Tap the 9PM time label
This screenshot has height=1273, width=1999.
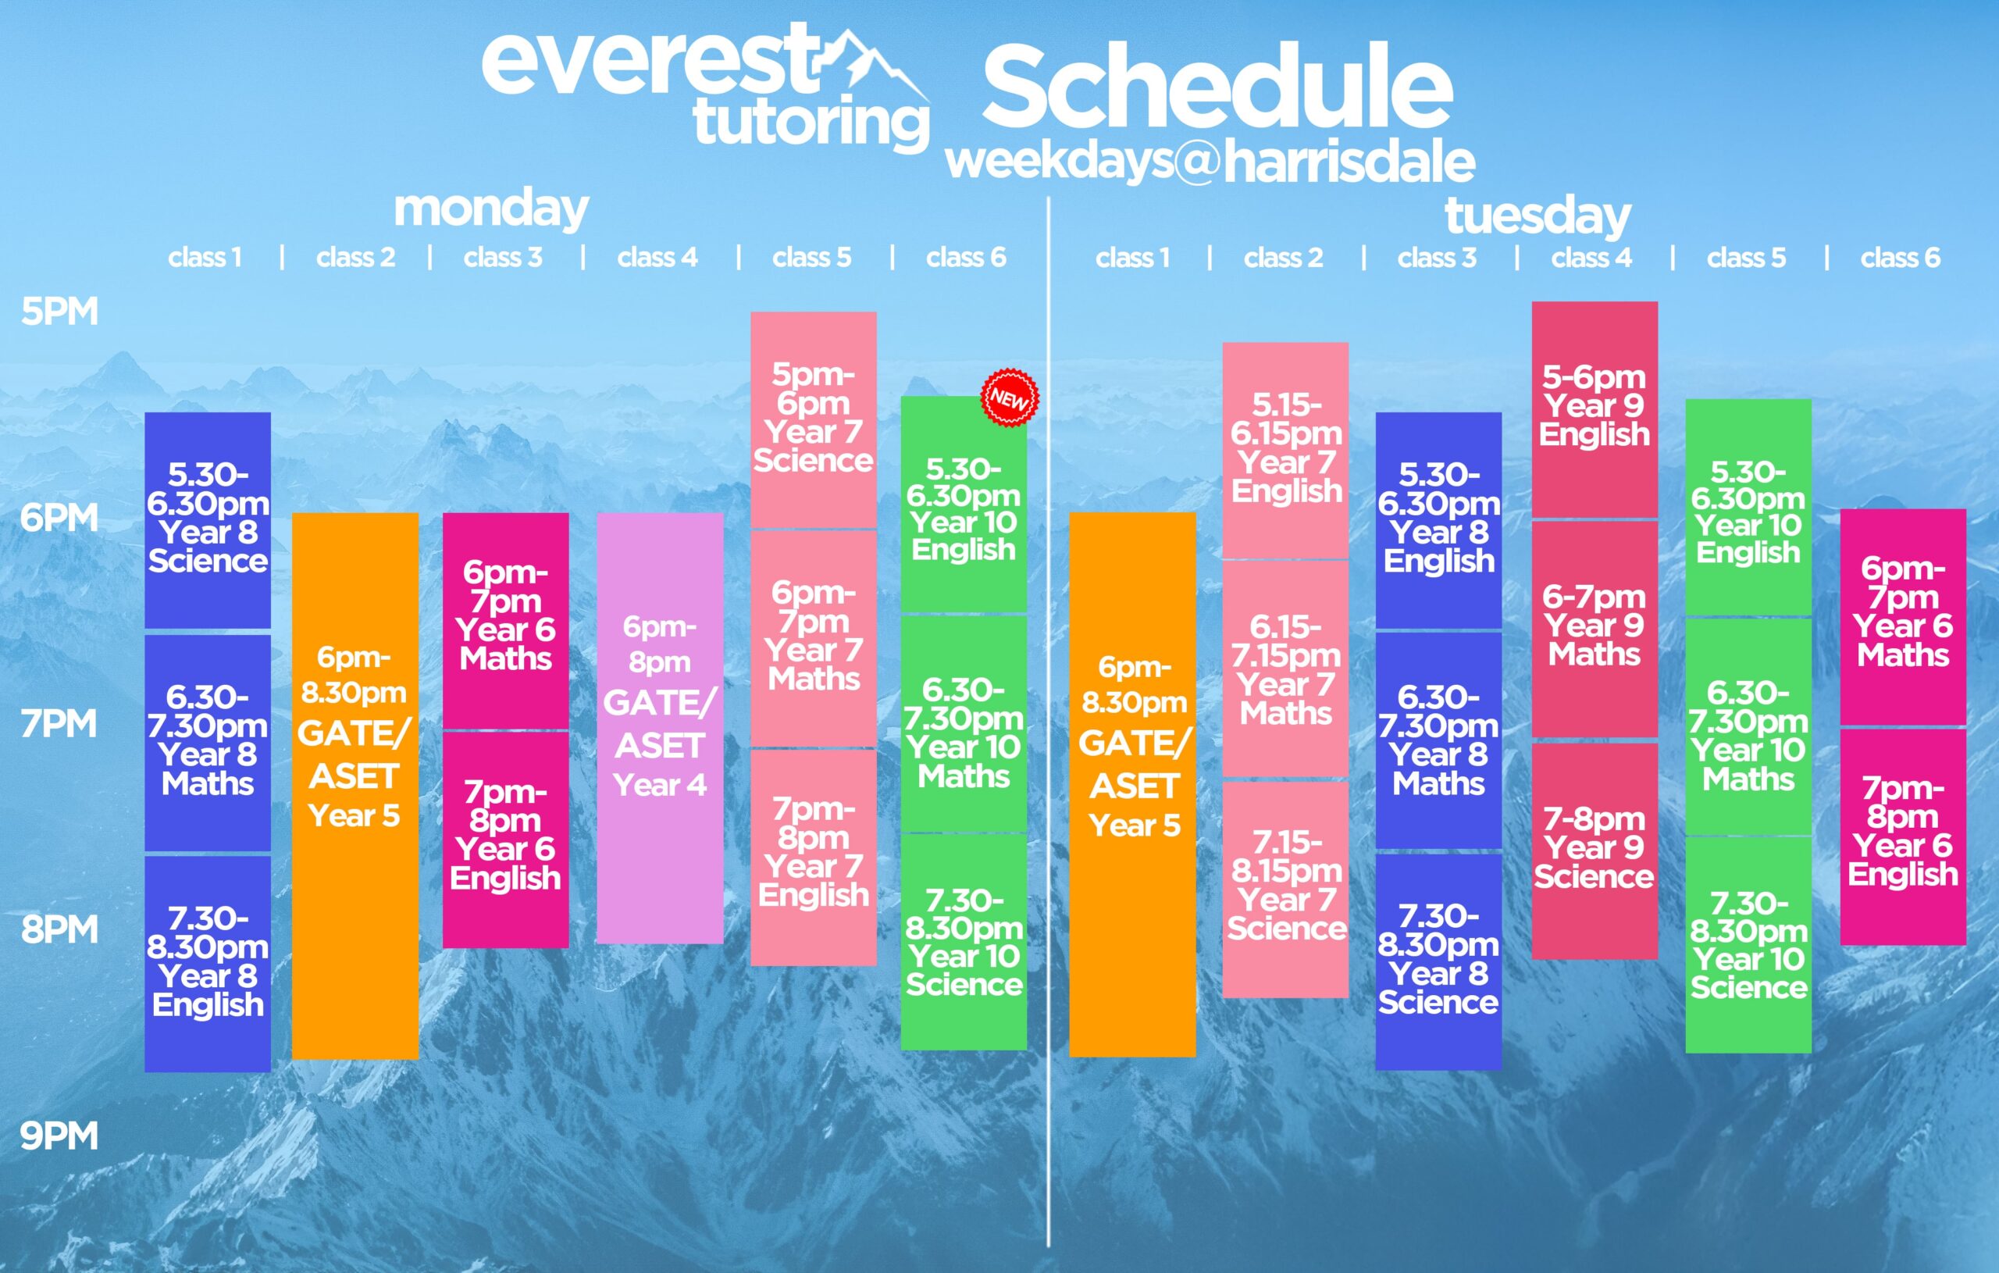59,1135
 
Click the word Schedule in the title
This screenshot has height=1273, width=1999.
1218,87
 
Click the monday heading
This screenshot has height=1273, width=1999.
491,209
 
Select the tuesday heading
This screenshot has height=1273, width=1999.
1538,216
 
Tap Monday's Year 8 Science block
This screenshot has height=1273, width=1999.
208,520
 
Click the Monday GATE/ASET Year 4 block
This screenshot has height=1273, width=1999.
660,728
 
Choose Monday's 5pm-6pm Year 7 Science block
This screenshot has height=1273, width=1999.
814,419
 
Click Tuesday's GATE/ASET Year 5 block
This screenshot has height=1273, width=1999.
1132,785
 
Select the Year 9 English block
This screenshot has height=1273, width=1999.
1595,409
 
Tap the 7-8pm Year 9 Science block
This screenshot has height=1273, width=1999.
1595,851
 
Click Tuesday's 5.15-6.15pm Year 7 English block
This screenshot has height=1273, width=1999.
1285,450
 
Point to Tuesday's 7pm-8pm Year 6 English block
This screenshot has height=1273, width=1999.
1904,837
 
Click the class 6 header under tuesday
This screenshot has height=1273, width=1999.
1900,258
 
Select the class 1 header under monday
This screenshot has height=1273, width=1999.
205,258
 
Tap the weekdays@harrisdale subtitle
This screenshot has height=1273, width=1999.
1210,161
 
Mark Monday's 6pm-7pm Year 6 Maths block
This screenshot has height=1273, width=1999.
505,620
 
